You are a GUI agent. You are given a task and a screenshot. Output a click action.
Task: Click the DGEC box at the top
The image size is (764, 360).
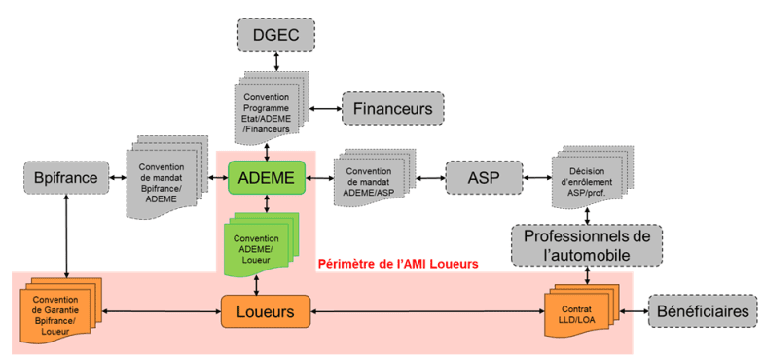click(276, 36)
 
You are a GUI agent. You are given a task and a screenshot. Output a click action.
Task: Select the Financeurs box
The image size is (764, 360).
click(392, 108)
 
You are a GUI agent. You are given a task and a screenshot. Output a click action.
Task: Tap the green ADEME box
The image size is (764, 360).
click(267, 177)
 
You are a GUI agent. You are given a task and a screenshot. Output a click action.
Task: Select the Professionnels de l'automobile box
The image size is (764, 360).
click(586, 245)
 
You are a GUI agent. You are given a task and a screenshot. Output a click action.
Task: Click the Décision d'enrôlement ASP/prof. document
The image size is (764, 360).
click(588, 174)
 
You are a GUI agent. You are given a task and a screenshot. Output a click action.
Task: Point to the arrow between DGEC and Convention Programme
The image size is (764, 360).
click(277, 61)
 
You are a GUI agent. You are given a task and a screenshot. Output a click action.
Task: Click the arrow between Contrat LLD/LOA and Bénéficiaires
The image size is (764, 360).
click(634, 311)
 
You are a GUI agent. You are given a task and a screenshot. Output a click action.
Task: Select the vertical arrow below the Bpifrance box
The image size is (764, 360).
click(65, 234)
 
